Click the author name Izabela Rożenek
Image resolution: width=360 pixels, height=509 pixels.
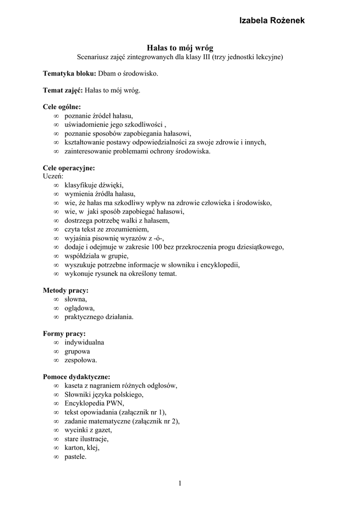272,20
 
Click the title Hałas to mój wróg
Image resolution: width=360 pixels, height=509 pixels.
180,48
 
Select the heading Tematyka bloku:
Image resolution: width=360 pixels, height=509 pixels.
69,74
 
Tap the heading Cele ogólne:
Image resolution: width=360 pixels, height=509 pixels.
62,106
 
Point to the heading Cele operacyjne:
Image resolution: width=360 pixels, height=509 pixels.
69,168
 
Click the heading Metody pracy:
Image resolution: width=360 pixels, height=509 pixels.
66,290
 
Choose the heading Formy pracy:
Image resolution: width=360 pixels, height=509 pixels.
64,334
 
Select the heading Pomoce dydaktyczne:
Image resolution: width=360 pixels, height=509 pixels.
77,376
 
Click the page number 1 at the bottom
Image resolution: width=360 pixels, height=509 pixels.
180,483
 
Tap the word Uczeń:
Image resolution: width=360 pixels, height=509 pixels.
53,176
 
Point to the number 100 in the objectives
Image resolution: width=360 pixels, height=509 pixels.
178,247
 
